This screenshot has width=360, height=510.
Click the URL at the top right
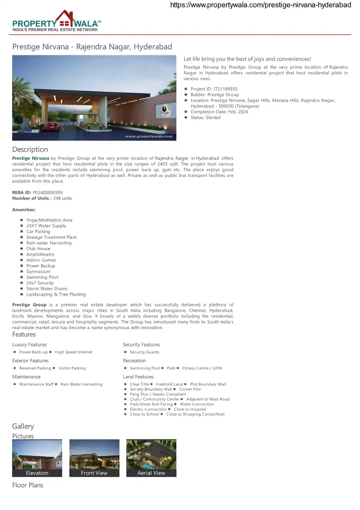pyautogui.click(x=261, y=5)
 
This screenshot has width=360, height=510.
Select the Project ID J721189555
pyautogui.click(x=214, y=89)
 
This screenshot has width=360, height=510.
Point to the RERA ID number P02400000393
pyautogui.click(x=48, y=193)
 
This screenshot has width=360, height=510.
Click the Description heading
pyautogui.click(x=30, y=149)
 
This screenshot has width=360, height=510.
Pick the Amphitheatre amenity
pyautogui.click(x=40, y=254)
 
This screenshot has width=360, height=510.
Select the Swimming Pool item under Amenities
pyautogui.click(x=42, y=277)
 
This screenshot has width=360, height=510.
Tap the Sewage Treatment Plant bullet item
pyautogui.click(x=51, y=237)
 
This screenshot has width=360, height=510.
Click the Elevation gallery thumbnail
pyautogui.click(x=37, y=458)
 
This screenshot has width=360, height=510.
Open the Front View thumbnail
pyautogui.click(x=94, y=458)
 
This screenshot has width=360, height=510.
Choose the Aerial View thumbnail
pyautogui.click(x=151, y=458)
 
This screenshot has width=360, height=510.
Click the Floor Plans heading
pyautogui.click(x=27, y=485)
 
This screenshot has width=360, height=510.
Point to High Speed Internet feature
pyautogui.click(x=73, y=352)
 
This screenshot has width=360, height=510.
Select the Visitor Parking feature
pyautogui.click(x=72, y=368)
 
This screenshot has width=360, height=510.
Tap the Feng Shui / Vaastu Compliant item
pyautogui.click(x=158, y=394)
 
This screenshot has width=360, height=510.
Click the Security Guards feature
pyautogui.click(x=144, y=352)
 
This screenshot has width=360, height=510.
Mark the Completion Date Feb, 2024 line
pyautogui.click(x=219, y=112)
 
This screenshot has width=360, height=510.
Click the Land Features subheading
pyautogui.click(x=138, y=377)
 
